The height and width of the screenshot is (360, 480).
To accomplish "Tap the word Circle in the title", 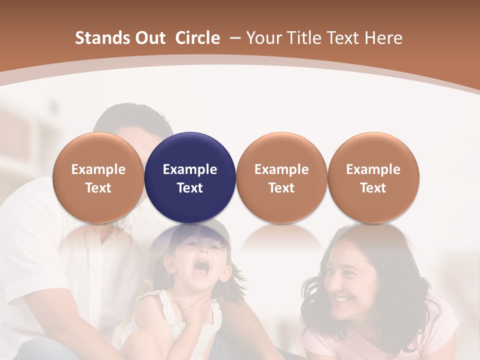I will [197, 38].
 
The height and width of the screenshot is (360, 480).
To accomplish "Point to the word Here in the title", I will [383, 38].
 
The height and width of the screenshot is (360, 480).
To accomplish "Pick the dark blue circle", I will [190, 177].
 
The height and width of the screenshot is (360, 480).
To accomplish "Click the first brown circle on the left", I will [98, 177].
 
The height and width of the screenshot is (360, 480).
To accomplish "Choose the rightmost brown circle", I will [373, 177].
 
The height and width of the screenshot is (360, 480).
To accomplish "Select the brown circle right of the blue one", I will [281, 177].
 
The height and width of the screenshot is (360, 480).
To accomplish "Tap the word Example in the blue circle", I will [190, 169].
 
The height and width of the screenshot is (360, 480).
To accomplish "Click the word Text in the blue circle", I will [190, 188].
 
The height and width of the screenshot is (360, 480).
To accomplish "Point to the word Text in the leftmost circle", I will [98, 188].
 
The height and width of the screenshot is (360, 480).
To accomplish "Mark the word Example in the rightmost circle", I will [373, 169].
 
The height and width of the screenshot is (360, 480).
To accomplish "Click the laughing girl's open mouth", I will [201, 268].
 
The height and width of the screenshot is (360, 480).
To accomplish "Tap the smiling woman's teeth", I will [343, 299].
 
